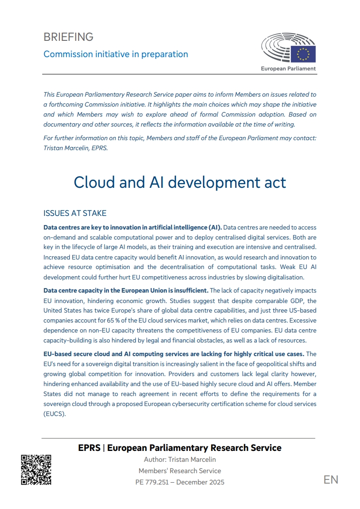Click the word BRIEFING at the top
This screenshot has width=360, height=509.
click(x=68, y=37)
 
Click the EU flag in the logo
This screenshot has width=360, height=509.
click(x=303, y=54)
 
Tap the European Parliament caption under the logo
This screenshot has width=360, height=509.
click(x=288, y=69)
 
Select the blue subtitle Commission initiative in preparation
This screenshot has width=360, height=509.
click(x=115, y=54)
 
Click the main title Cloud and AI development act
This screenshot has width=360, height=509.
click(x=180, y=182)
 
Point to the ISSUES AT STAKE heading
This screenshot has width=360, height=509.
click(x=74, y=213)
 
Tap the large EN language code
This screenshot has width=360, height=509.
click(x=331, y=480)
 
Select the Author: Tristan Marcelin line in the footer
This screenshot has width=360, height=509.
click(x=180, y=460)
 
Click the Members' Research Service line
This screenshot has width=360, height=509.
click(x=180, y=471)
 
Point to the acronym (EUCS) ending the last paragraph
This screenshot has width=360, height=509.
click(x=55, y=413)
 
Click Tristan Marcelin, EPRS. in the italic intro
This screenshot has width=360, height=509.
click(x=76, y=148)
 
